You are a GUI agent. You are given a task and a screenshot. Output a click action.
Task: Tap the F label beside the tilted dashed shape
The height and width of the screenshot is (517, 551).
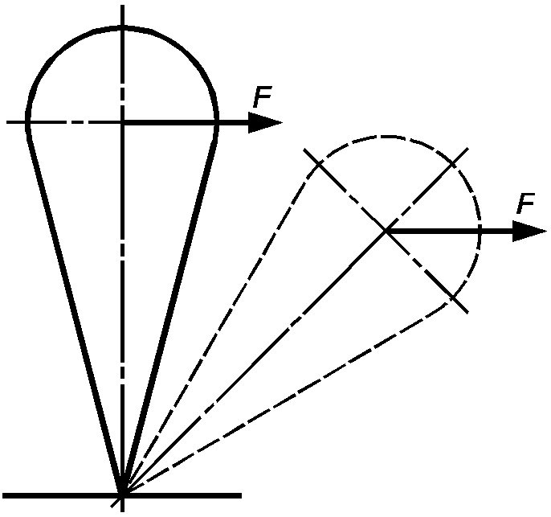point(525,203)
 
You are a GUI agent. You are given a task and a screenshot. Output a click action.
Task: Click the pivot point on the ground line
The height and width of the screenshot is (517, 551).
point(122,495)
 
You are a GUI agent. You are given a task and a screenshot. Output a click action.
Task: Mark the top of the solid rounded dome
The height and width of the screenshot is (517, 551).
point(122,28)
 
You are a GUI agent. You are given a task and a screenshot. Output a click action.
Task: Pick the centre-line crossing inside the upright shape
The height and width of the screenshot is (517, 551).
point(122,122)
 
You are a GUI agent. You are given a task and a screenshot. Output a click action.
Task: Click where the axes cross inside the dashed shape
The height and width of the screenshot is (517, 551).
point(386,231)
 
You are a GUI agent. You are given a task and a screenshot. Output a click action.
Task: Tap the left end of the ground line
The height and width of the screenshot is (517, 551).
point(3,495)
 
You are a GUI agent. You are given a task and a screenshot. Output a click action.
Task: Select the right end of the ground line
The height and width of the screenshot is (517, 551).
point(241,495)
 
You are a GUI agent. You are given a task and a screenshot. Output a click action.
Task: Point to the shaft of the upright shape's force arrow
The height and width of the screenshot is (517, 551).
point(186,122)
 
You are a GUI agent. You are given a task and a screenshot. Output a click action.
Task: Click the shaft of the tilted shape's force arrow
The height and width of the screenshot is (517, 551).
point(450,231)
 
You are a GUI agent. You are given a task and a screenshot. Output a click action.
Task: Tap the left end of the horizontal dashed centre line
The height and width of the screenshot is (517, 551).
point(7,122)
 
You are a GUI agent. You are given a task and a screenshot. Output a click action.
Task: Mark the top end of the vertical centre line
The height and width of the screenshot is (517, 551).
point(122,6)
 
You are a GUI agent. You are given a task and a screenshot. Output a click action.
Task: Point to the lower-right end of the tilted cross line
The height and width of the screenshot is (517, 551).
point(467,312)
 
